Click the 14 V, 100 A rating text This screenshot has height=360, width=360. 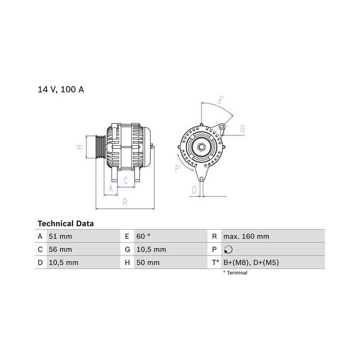(61, 90)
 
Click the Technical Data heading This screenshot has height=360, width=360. (66, 224)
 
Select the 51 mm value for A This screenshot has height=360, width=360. (60, 236)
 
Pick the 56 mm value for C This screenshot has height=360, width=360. (60, 249)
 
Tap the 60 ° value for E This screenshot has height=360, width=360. (143, 236)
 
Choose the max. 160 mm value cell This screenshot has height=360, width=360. (246, 236)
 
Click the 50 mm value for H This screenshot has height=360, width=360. (148, 262)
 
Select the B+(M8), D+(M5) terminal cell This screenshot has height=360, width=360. (251, 262)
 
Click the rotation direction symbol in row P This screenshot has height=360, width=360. (228, 250)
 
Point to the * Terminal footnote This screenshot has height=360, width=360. (235, 273)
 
